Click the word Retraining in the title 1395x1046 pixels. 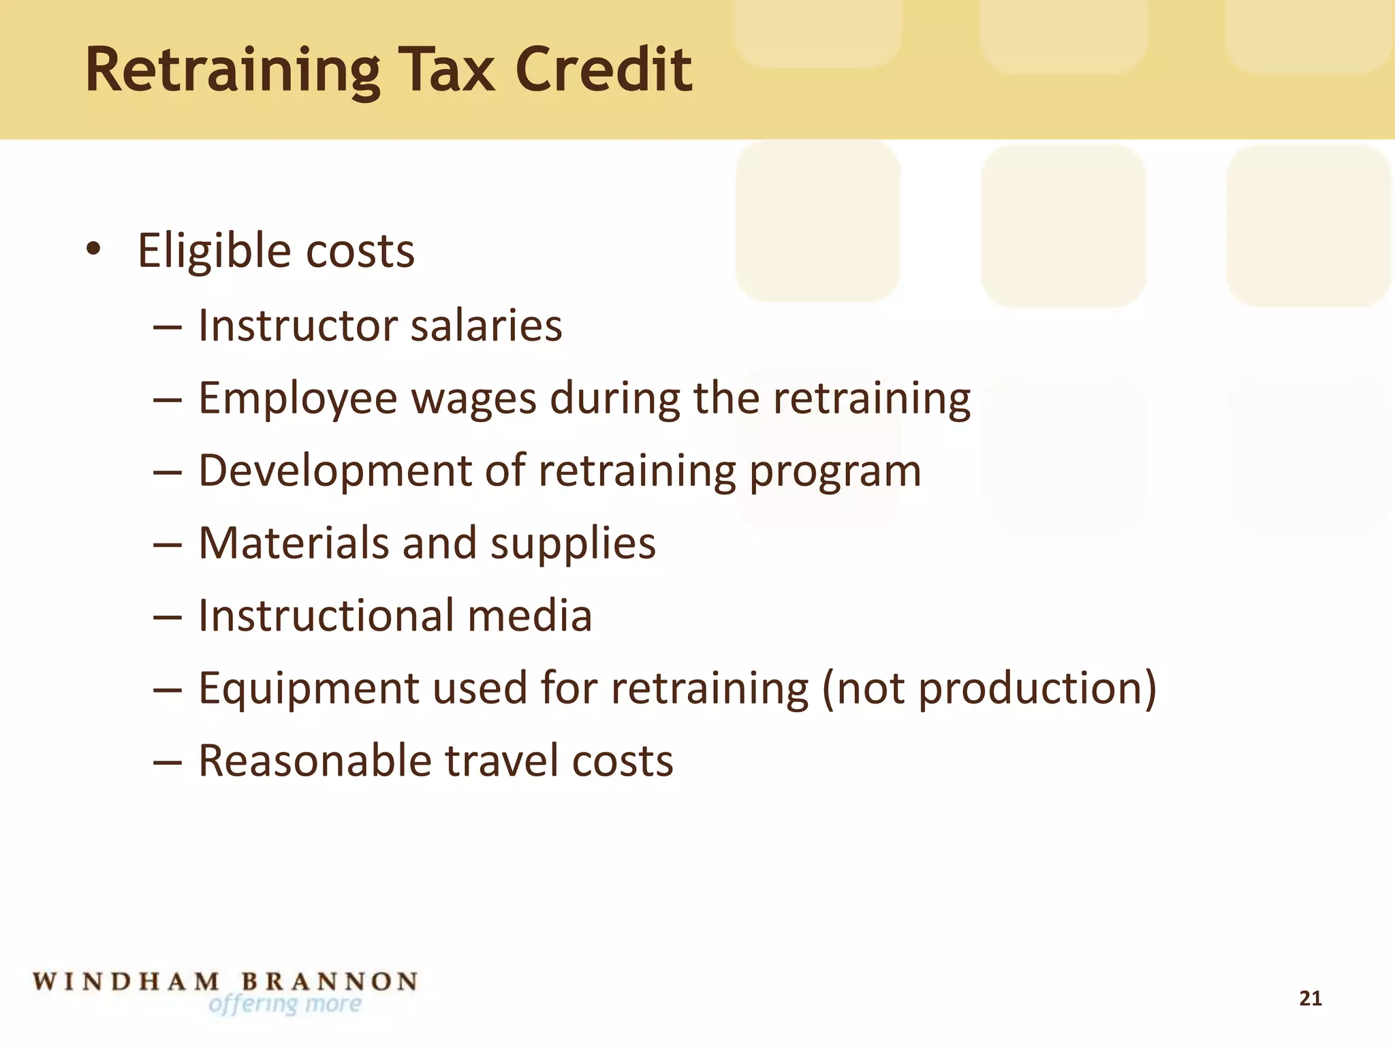click(232, 70)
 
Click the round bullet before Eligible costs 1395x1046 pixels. click(93, 249)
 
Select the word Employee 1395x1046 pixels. click(298, 399)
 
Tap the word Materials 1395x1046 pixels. click(293, 543)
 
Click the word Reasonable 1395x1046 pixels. click(315, 761)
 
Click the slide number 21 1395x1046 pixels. click(1311, 998)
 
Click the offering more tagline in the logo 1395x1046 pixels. click(285, 1004)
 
